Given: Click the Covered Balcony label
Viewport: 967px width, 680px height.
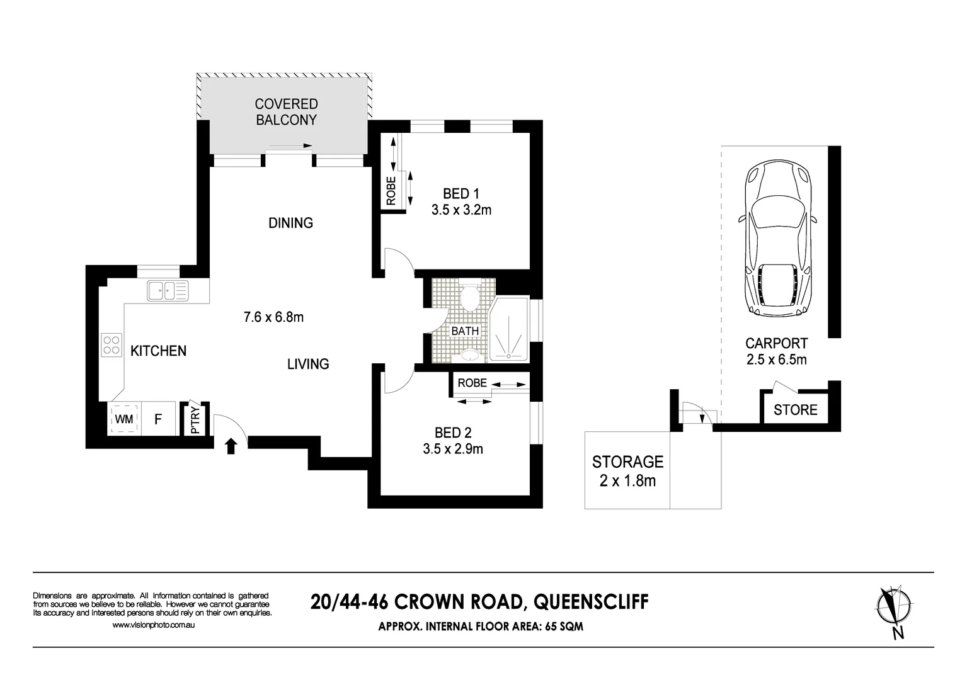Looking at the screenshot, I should click(x=286, y=111).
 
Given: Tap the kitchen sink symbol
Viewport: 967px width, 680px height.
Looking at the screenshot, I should click(x=167, y=291).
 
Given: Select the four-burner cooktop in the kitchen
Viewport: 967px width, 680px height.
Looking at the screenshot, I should click(x=112, y=344).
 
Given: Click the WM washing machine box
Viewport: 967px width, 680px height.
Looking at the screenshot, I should click(x=124, y=419).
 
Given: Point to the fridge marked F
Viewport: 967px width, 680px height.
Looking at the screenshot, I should click(x=158, y=419).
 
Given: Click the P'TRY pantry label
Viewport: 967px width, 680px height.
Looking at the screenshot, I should click(x=195, y=420).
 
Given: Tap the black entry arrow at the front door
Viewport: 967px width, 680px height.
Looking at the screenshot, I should click(x=231, y=446).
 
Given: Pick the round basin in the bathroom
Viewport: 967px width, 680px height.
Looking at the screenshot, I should click(x=469, y=356).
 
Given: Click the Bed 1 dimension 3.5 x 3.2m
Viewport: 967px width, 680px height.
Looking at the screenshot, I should click(x=461, y=210).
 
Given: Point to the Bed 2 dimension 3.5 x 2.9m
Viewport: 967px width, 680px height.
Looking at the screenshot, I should click(x=453, y=449).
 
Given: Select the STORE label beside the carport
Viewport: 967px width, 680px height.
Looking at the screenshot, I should click(x=795, y=410).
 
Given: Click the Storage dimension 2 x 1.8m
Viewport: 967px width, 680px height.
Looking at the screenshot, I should click(x=627, y=481).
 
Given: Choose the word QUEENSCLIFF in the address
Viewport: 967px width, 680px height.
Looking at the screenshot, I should click(x=590, y=603).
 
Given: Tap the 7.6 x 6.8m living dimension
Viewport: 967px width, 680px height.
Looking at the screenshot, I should click(x=273, y=317).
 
